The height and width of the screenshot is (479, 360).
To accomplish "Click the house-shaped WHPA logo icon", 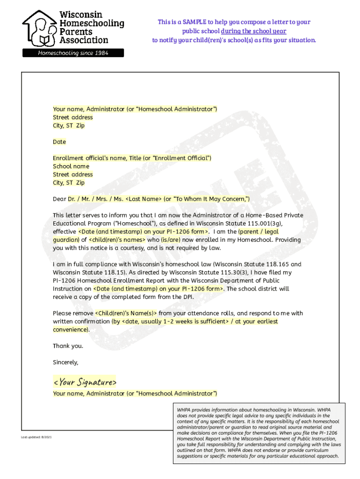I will [x=40, y=28].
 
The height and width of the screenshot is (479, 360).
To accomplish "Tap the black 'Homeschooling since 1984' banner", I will [x=73, y=53].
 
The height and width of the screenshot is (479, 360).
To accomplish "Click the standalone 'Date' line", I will [x=59, y=142].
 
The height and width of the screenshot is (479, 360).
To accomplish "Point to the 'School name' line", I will [x=71, y=166].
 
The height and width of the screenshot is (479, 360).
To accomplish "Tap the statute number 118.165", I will [x=278, y=264].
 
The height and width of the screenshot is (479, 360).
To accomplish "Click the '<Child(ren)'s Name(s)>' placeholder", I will [x=126, y=313].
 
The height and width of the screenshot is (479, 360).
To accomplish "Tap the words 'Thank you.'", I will [x=68, y=346].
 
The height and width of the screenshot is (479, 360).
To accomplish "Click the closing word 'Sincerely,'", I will [x=65, y=362].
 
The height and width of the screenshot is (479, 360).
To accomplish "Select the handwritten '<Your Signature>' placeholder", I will [x=85, y=382].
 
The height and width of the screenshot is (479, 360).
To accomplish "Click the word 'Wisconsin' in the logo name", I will [x=81, y=15].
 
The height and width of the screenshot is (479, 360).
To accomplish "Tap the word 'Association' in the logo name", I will [x=84, y=40].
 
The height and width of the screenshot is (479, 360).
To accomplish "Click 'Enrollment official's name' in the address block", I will [x=89, y=158].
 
